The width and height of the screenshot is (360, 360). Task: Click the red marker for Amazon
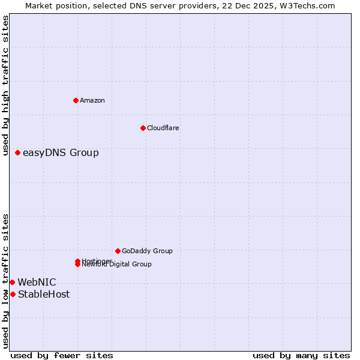[76, 100]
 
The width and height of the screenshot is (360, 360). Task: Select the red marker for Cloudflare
[143, 128]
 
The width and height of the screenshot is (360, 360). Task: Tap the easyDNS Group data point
[17, 153]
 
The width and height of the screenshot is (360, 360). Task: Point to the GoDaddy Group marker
[118, 251]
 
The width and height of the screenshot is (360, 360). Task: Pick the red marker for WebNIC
[12, 282]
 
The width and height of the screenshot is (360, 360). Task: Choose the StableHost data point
[13, 294]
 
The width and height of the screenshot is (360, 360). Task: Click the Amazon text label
[92, 100]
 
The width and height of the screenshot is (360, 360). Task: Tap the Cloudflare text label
[163, 128]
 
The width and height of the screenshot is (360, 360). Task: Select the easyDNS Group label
[61, 153]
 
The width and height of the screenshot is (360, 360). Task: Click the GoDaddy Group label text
[147, 251]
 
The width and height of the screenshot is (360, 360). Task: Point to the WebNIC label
[37, 282]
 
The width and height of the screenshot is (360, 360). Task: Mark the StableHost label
[44, 294]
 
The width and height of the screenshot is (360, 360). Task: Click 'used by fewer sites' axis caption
[62, 355]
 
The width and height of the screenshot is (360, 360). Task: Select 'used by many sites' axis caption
[301, 355]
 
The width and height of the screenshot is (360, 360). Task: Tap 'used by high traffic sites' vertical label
[5, 85]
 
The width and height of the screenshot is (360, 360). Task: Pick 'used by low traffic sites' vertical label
[5, 281]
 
